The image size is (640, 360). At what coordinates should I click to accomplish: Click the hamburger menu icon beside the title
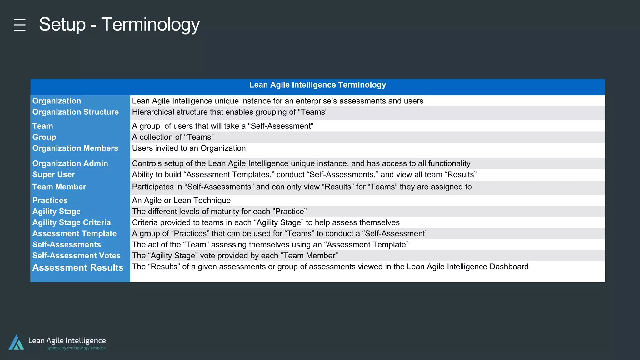(20, 25)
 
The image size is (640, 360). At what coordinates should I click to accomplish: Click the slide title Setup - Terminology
(119, 24)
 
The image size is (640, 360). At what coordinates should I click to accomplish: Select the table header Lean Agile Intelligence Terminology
(317, 85)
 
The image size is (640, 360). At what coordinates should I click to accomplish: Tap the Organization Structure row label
(75, 112)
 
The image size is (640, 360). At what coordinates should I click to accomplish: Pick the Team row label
(43, 126)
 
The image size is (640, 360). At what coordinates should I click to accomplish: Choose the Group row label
(44, 137)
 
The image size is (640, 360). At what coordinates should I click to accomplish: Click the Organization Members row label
(75, 148)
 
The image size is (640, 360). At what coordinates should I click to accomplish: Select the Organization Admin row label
(70, 163)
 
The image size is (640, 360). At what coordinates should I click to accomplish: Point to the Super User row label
(54, 174)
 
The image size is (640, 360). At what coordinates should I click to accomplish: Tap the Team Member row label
(59, 187)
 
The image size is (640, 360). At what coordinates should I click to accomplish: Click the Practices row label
(50, 200)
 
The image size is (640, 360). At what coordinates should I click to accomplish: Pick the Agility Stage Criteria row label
(72, 222)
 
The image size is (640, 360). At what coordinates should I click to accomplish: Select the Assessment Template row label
(74, 233)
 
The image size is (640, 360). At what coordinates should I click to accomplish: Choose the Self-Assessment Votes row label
(77, 256)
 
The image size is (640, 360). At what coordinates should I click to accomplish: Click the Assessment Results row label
(78, 268)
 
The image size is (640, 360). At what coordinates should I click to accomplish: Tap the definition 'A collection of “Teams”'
(173, 137)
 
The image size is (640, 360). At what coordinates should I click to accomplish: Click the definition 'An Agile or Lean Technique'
(181, 200)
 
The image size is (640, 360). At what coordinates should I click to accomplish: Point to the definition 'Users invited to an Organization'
(189, 148)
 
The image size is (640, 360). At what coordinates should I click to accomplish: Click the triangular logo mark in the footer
(17, 342)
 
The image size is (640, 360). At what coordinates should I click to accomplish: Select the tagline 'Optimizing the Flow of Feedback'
(76, 348)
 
